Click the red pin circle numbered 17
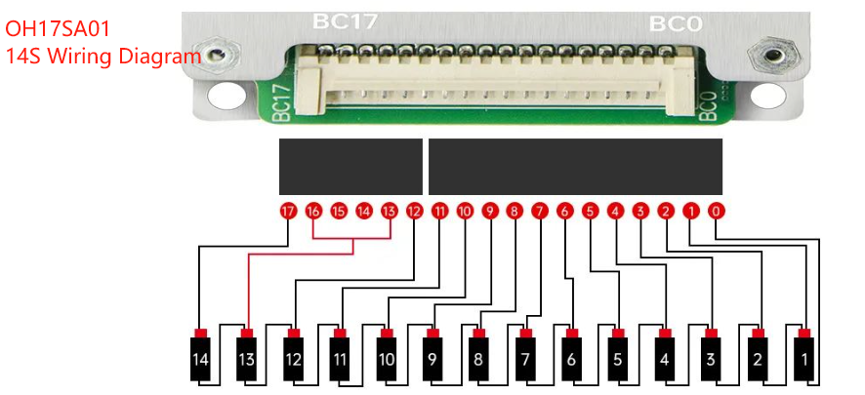coord(288,211)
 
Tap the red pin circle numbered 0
coord(717,211)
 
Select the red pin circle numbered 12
coord(414,211)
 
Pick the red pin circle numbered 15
coord(339,211)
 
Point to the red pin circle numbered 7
coord(540,211)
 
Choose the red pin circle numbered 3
coord(640,211)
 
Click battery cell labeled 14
coord(200,359)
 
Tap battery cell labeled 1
coord(803,359)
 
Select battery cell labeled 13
coord(247,359)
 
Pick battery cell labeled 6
coord(571,359)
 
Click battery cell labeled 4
coord(665,359)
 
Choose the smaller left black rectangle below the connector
coord(350,167)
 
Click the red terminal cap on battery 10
coord(387,334)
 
